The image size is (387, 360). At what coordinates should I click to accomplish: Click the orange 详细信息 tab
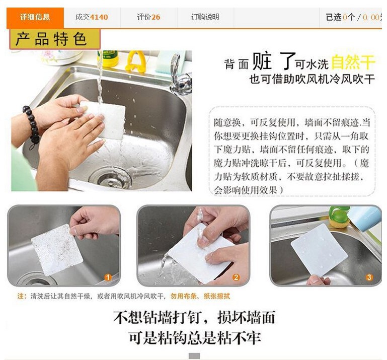click(35, 18)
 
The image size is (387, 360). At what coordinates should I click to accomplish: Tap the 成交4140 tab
click(92, 17)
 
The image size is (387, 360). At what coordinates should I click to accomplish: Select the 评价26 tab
click(148, 17)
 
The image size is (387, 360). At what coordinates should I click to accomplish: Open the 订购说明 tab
click(205, 17)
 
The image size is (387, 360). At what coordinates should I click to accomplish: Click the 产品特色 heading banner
click(55, 39)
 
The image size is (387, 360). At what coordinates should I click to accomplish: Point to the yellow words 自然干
click(353, 62)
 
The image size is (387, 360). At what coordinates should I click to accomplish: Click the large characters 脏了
click(273, 61)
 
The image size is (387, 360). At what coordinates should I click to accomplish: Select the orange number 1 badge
click(108, 277)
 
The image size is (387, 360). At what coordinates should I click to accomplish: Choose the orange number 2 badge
click(236, 277)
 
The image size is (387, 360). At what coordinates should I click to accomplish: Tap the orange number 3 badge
click(369, 277)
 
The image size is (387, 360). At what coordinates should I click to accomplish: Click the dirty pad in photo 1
click(57, 250)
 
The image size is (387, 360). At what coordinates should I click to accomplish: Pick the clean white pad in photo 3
click(320, 249)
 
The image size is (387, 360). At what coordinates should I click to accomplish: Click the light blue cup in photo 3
click(364, 218)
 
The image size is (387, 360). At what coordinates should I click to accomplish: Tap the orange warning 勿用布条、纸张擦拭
click(200, 296)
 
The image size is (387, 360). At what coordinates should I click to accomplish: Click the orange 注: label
click(22, 296)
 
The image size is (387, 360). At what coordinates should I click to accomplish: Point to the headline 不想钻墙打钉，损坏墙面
click(194, 317)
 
